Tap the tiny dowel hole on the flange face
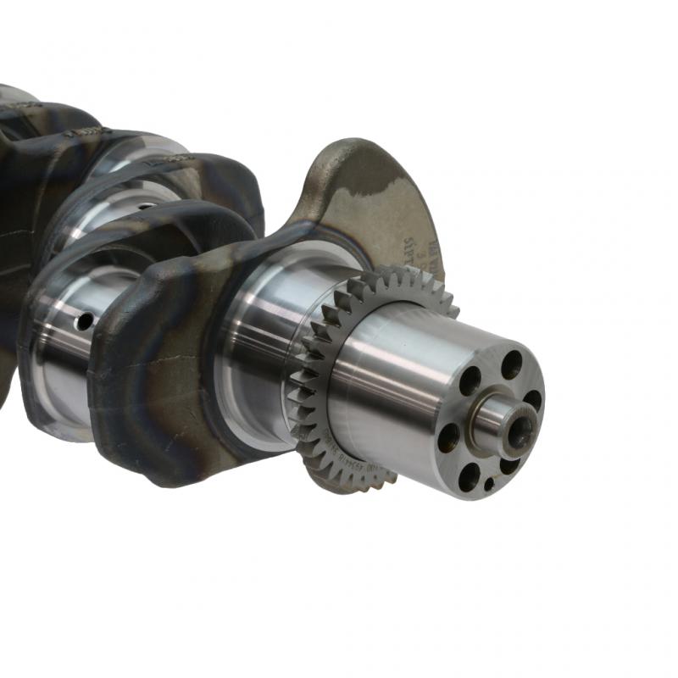click(489, 484)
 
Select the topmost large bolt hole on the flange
click(511, 364)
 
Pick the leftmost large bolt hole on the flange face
click(448, 437)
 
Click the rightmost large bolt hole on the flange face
click(532, 400)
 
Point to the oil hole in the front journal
click(84, 321)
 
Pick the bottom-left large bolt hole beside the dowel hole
click(469, 476)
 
